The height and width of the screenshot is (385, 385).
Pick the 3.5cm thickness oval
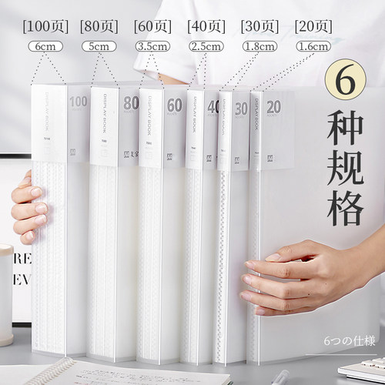[x=154, y=47]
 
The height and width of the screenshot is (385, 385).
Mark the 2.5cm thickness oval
[x=207, y=47]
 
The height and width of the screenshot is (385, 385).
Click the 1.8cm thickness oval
[x=260, y=47]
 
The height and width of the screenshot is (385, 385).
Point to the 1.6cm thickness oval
[x=313, y=47]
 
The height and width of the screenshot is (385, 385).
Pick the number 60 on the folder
[x=174, y=105]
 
